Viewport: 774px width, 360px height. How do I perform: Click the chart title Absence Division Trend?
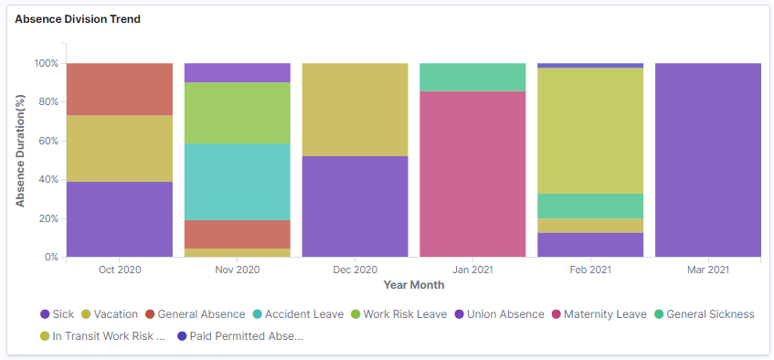pos(78,19)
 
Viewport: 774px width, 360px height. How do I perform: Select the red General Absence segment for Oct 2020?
pos(120,89)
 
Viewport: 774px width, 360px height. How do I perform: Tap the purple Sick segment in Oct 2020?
pos(120,219)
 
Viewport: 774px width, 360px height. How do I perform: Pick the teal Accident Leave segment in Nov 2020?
pos(238,182)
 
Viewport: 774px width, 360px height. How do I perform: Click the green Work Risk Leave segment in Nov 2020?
pos(238,113)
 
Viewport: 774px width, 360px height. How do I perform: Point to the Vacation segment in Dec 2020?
pos(355,110)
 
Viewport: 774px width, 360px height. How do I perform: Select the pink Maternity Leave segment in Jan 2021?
pos(472,174)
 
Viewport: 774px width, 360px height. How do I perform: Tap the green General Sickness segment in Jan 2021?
pos(472,77)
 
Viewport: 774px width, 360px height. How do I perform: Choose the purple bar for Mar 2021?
pos(708,160)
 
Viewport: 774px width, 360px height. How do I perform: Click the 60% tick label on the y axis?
pos(47,142)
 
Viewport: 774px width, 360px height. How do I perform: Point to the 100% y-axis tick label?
pos(45,64)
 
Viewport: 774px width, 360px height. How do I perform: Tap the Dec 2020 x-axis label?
pos(355,270)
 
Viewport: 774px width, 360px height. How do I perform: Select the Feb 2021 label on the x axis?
pos(590,270)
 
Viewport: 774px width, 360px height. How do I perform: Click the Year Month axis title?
pos(414,285)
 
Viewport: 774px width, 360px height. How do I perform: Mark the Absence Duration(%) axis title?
pos(20,151)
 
